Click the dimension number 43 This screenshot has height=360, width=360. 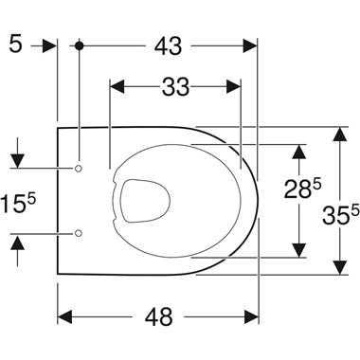tap(169, 45)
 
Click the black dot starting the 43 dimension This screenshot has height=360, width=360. tap(81, 45)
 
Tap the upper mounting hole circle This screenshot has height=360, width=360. tap(79, 169)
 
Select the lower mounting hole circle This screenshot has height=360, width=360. tap(79, 232)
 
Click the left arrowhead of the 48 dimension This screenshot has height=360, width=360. tap(64, 316)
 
